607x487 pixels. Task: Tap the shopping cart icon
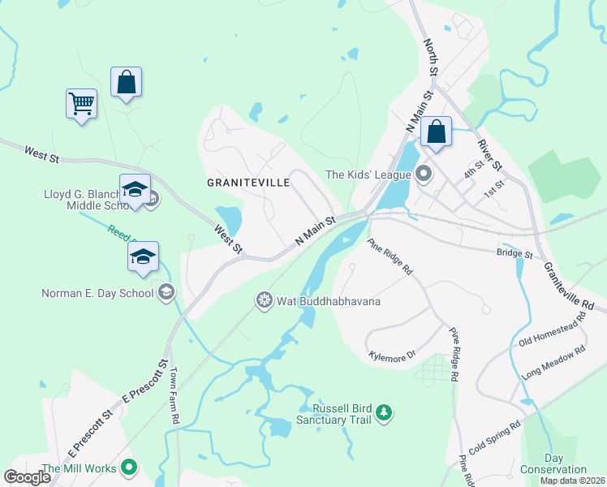[x=81, y=104]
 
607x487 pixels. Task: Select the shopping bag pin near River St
[x=436, y=131]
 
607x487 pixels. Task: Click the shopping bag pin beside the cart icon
[x=126, y=82]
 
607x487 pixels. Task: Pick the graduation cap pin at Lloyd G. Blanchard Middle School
[x=135, y=190]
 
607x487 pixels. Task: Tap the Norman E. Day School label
[x=97, y=292]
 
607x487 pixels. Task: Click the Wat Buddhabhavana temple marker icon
[x=264, y=301]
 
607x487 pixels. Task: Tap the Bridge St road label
[x=515, y=254]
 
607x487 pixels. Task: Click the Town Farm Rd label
[x=174, y=397]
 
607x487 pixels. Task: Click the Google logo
[x=27, y=477]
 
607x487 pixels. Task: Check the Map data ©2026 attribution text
[x=573, y=481]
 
